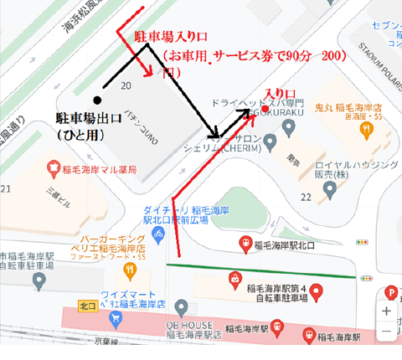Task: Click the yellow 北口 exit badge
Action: click(x=85, y=304)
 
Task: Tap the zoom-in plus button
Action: click(x=386, y=311)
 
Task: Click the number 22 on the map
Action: click(x=305, y=198)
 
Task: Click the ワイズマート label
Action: click(x=130, y=296)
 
